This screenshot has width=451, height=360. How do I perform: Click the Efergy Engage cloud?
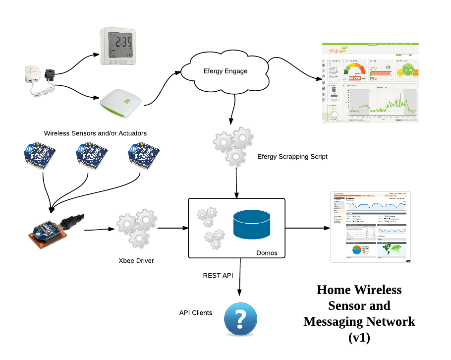[225, 71]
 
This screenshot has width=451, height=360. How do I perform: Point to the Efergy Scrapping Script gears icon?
[231, 146]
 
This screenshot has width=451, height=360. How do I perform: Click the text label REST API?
[218, 275]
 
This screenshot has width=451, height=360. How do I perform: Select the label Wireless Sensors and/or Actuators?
[95, 133]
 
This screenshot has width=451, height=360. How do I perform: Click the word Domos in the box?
[267, 253]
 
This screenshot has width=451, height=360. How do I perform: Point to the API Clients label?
[196, 313]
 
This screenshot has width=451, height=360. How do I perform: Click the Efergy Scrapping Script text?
[292, 157]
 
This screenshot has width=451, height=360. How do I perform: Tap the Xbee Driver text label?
[136, 260]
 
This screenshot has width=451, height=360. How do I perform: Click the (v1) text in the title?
[359, 338]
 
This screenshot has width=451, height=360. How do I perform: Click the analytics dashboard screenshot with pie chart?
[371, 227]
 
